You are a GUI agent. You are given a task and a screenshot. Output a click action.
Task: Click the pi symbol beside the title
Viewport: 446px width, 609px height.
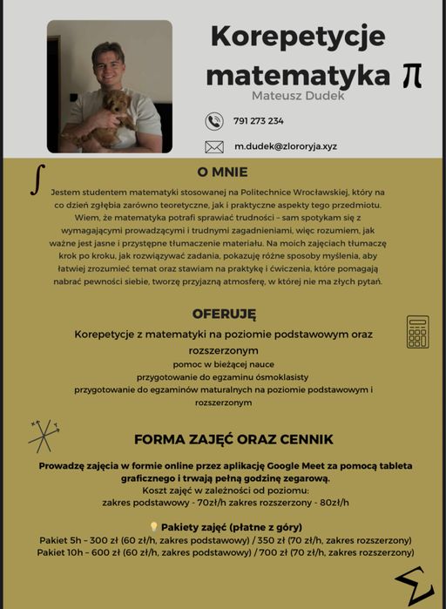pos(412,76)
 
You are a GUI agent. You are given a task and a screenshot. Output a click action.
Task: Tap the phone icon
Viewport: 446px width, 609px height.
pos(214,121)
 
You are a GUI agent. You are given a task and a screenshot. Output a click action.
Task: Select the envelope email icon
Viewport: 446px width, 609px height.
pos(214,146)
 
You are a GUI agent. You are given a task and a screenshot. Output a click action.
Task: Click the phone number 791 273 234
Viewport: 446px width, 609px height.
pos(259,121)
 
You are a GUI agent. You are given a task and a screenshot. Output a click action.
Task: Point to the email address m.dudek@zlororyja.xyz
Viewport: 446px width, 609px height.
pos(286,146)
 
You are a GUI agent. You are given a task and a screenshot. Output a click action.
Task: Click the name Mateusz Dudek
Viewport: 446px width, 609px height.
pos(298,95)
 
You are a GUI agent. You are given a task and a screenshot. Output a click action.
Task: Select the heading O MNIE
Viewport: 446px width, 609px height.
pos(222,173)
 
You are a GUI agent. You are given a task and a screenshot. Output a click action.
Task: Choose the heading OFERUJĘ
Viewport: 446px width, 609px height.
pos(224,314)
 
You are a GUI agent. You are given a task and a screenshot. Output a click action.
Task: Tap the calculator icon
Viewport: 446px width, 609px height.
pos(417,332)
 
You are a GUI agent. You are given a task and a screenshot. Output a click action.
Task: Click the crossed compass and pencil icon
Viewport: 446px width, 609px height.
pos(43,434)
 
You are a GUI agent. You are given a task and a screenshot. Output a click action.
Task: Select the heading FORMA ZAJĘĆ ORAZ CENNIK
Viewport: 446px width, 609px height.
pos(233,439)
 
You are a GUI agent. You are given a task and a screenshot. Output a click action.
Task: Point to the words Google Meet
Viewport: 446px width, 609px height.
pos(297,466)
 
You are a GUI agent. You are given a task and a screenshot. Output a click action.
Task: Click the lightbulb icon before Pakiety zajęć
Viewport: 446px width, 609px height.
pos(153,527)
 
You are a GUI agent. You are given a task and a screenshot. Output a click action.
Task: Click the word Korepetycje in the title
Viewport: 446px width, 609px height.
pos(297,37)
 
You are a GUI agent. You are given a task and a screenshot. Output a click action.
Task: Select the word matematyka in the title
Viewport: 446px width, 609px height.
pos(297,75)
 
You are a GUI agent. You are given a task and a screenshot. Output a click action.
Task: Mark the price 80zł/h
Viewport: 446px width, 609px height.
pos(334,503)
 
